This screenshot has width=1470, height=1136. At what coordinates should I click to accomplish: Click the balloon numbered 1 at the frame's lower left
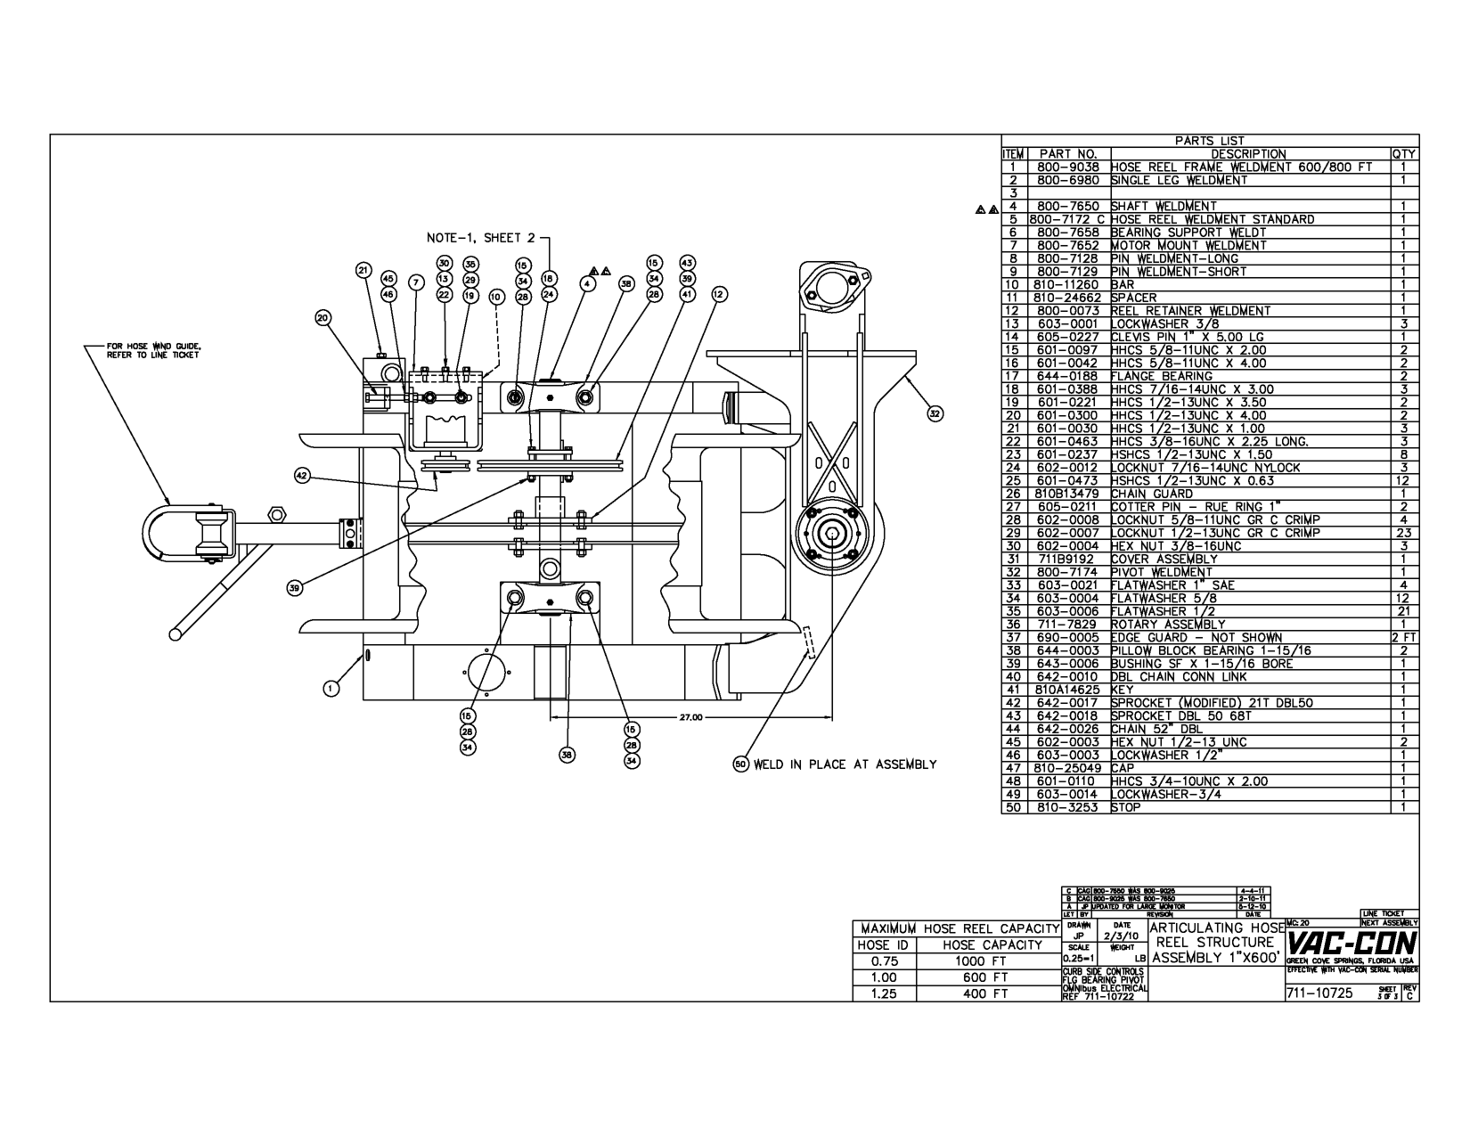click(331, 688)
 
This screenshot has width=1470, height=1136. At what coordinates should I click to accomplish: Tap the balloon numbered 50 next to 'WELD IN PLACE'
click(741, 764)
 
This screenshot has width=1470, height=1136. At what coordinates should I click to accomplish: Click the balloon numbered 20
click(323, 317)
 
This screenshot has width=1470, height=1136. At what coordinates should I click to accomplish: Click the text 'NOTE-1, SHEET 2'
click(481, 238)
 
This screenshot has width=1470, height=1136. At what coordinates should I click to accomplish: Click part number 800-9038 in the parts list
click(1067, 167)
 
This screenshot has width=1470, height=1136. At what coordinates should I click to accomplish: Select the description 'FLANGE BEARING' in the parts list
click(1149, 376)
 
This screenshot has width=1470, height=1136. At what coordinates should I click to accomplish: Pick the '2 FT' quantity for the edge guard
click(1403, 637)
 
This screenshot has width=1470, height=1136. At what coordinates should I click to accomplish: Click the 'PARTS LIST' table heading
click(1209, 141)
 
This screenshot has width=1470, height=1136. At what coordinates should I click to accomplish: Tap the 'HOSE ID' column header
click(882, 944)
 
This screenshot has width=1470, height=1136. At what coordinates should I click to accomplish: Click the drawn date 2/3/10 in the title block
click(1121, 936)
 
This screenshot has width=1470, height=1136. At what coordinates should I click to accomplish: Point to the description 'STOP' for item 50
click(1125, 807)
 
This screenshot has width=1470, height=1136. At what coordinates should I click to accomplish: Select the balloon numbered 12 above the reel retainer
click(718, 295)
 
